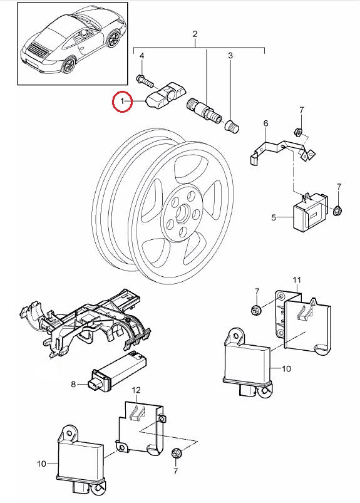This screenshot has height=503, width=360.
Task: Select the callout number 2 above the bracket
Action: point(195,34)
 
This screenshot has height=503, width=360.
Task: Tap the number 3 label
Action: point(230,56)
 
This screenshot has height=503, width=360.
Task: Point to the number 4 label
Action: point(141,56)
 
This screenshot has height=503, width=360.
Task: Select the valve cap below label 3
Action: point(232,125)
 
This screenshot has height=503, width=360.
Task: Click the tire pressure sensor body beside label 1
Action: point(163,95)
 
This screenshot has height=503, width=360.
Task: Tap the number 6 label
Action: point(265,123)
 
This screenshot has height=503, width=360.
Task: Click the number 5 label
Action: point(274,217)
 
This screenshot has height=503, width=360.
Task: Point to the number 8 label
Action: point(73,384)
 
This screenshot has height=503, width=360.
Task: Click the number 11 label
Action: point(297,280)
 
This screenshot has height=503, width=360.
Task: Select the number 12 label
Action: point(136,390)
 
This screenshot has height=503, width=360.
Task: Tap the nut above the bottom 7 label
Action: point(177,454)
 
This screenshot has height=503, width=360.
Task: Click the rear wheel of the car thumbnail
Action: point(69,65)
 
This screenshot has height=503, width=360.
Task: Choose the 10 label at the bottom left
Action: point(42,464)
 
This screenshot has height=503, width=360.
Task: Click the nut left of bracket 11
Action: point(255,310)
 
